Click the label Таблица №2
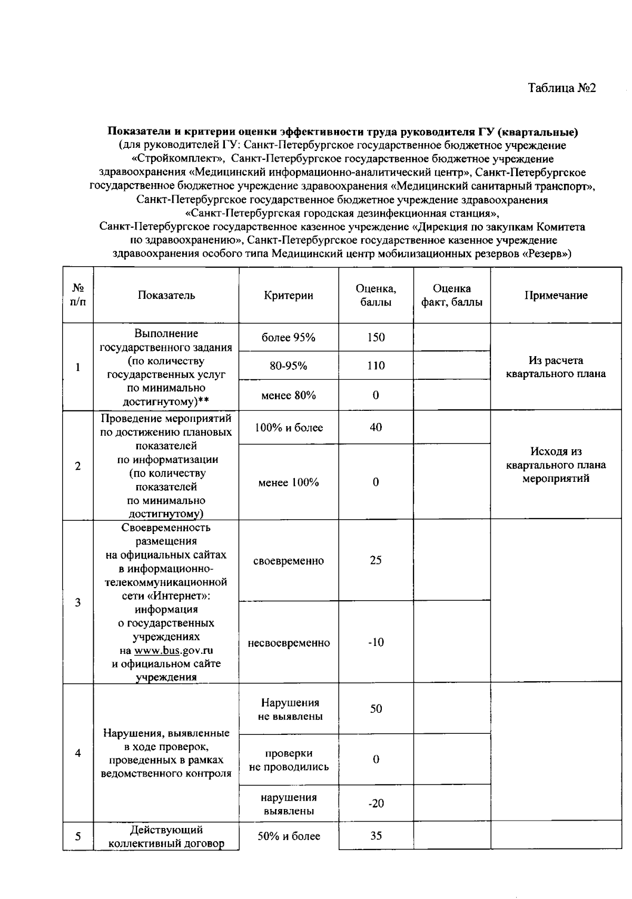561,88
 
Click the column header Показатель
166,296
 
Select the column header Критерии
289,296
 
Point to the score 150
376,338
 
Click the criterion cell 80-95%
289,366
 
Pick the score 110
376,366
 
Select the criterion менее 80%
289,396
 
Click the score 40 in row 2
376,428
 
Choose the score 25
376,561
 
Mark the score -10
376,643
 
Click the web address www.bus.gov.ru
174,651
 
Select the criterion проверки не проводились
289,760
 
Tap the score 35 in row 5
376,836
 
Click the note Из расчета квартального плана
556,367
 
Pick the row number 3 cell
78,603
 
